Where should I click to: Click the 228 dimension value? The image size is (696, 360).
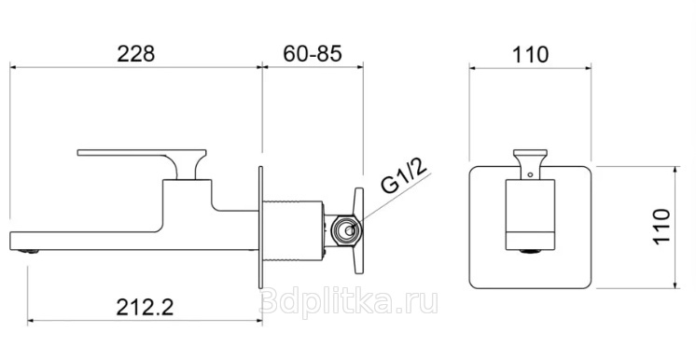136,54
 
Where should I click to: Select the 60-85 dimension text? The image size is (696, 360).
313,54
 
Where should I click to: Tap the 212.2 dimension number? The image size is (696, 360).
145,307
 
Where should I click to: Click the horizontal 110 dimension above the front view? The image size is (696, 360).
531,55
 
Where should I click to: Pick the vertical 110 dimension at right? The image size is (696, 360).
661,226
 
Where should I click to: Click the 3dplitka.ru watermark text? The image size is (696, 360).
349,302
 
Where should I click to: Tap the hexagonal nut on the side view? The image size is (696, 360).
348,230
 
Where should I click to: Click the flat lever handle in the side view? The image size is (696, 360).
142,153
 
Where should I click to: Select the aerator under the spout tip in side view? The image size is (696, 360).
28,252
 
